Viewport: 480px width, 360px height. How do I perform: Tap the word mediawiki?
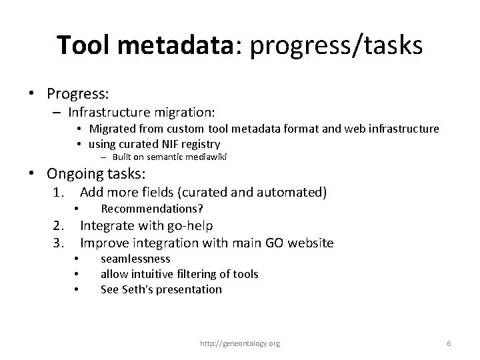point(196,157)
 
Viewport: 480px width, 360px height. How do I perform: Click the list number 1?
point(58,193)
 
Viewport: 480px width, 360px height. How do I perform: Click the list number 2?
point(58,227)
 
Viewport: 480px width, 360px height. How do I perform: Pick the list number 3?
point(58,243)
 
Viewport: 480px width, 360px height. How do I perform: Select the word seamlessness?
point(135,259)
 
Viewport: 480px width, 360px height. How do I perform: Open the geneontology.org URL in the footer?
point(240,343)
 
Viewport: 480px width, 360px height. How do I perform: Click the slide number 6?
point(449,343)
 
